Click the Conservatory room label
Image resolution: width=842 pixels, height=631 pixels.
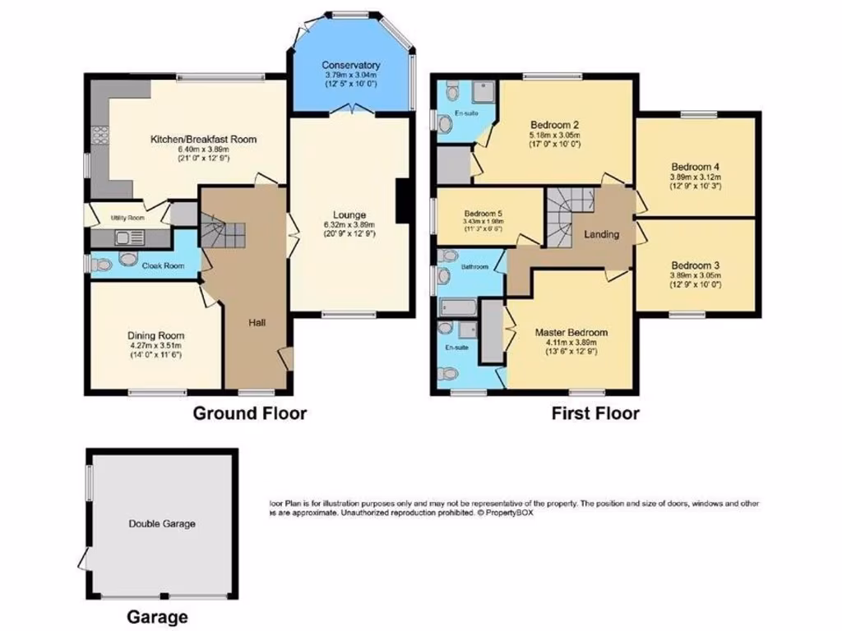350,65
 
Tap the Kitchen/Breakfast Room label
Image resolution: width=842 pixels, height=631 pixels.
203,140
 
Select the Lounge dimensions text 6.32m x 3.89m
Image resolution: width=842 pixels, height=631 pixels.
349,224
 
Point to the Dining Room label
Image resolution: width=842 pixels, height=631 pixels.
155,335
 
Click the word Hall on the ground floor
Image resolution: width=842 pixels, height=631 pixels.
257,323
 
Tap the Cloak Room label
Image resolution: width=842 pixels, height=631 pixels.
163,266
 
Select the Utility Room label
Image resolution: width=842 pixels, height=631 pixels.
127,219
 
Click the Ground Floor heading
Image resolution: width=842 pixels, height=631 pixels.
249,413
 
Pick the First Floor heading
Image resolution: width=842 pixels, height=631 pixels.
594,413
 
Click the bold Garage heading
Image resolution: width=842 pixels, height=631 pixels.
157,616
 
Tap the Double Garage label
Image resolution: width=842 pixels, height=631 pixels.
162,523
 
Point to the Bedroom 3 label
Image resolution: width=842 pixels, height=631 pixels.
696,265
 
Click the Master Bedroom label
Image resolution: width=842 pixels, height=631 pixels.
571,333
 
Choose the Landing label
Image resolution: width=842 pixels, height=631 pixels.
601,235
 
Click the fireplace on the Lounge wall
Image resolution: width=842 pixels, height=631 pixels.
402,200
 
